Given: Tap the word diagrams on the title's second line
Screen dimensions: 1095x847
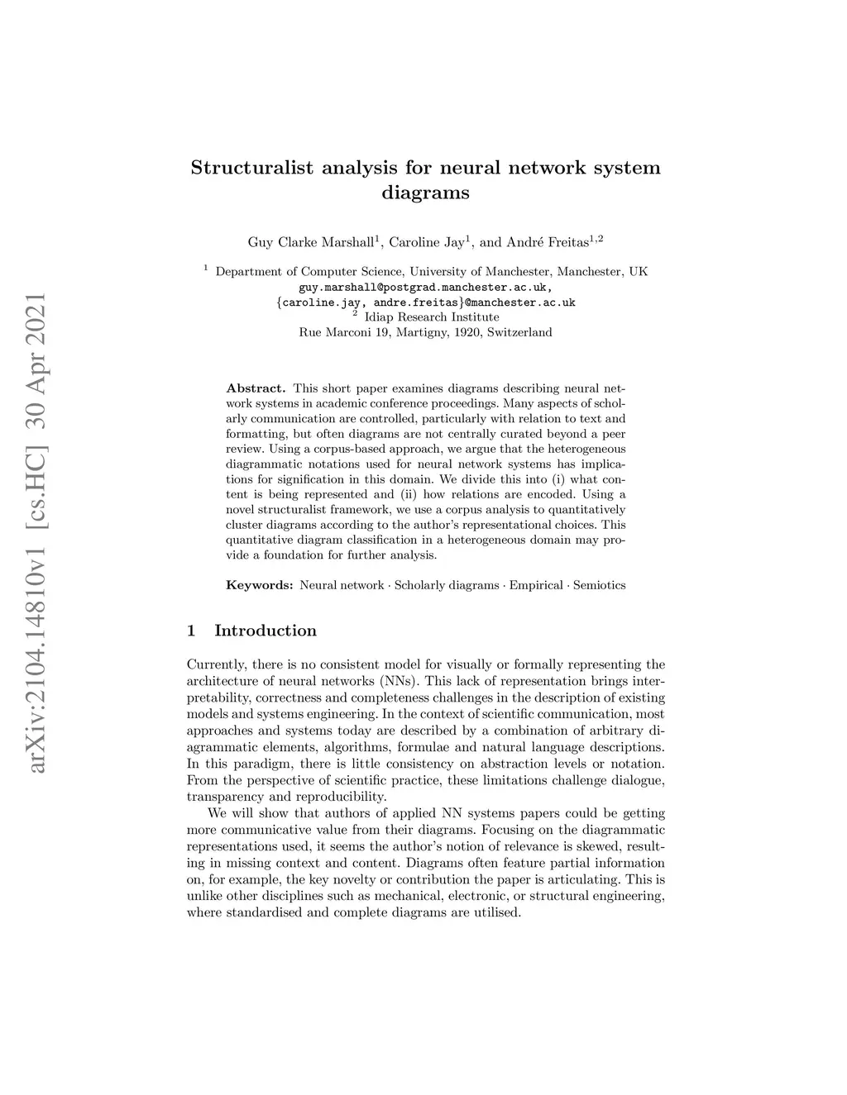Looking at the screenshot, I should pyautogui.click(x=425, y=193).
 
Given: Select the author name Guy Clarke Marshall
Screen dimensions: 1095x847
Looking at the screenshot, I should pyautogui.click(x=311, y=243).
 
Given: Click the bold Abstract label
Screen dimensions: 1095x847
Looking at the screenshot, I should pyautogui.click(x=256, y=388).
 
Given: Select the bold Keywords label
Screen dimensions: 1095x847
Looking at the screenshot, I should pyautogui.click(x=259, y=585).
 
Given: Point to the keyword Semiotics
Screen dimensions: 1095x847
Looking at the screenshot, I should pyautogui.click(x=599, y=585).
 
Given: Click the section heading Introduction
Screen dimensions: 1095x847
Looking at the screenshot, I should pyautogui.click(x=266, y=631).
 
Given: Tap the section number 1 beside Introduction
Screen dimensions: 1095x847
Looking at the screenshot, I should pyautogui.click(x=192, y=631).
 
